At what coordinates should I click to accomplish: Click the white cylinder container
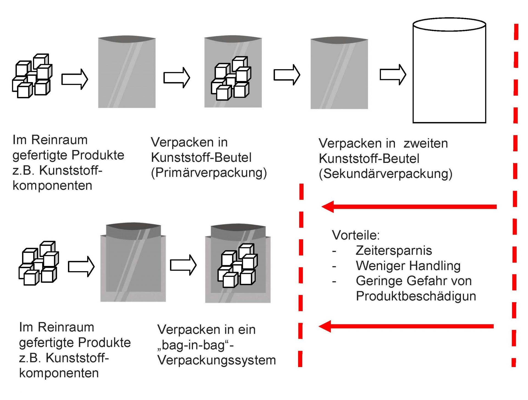point(449,71)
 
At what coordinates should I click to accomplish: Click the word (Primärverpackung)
point(209,173)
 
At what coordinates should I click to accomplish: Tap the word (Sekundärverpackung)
point(386,174)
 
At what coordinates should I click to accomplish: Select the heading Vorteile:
point(356,235)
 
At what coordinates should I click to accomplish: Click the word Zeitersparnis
point(394,251)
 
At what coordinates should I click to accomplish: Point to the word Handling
point(435,266)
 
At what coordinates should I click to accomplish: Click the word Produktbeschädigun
point(416,296)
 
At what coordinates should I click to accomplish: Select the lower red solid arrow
point(406,326)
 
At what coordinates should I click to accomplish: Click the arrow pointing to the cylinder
point(393,75)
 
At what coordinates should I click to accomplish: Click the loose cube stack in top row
point(32,76)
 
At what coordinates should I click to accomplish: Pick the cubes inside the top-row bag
point(231,79)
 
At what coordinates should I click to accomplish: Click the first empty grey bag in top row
point(127,73)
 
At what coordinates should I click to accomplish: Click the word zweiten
point(425,143)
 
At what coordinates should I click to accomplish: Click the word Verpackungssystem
point(216,360)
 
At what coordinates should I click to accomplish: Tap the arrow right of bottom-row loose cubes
point(81,266)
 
